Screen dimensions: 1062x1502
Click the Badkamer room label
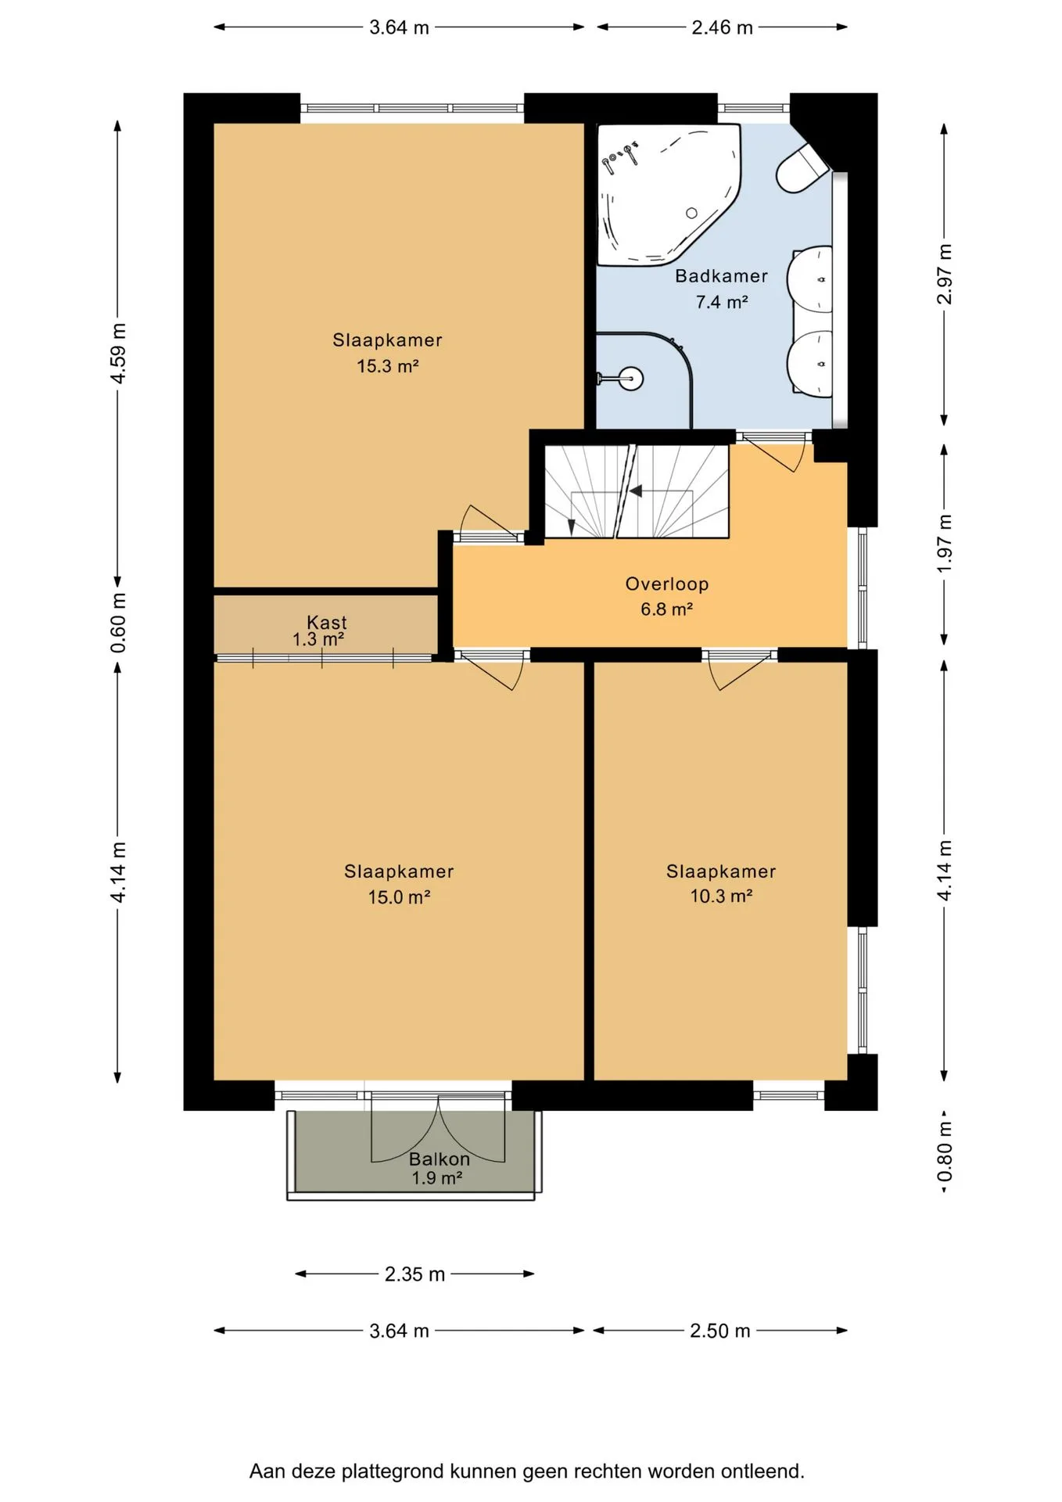point(721,276)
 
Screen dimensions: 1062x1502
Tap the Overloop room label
point(667,584)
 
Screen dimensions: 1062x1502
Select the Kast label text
point(327,622)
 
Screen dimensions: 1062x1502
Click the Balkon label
point(440,1159)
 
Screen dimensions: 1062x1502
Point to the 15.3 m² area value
point(388,366)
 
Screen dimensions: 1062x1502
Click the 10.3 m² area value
point(721,897)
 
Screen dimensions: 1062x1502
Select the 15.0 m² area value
point(400,897)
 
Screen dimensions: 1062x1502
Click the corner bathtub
point(669,194)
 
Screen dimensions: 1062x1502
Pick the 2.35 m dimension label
point(414,1274)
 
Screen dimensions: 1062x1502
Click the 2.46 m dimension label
point(722,27)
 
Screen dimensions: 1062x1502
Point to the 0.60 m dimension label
point(118,623)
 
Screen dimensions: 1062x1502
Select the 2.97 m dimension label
point(945,275)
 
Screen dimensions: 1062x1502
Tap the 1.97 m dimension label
point(945,543)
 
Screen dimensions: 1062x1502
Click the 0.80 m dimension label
point(945,1152)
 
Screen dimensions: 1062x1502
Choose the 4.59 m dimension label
point(118,354)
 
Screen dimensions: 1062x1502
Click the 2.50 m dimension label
point(720,1331)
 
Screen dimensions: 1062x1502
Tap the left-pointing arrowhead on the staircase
point(636,491)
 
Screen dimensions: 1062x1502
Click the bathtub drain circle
point(691,214)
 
